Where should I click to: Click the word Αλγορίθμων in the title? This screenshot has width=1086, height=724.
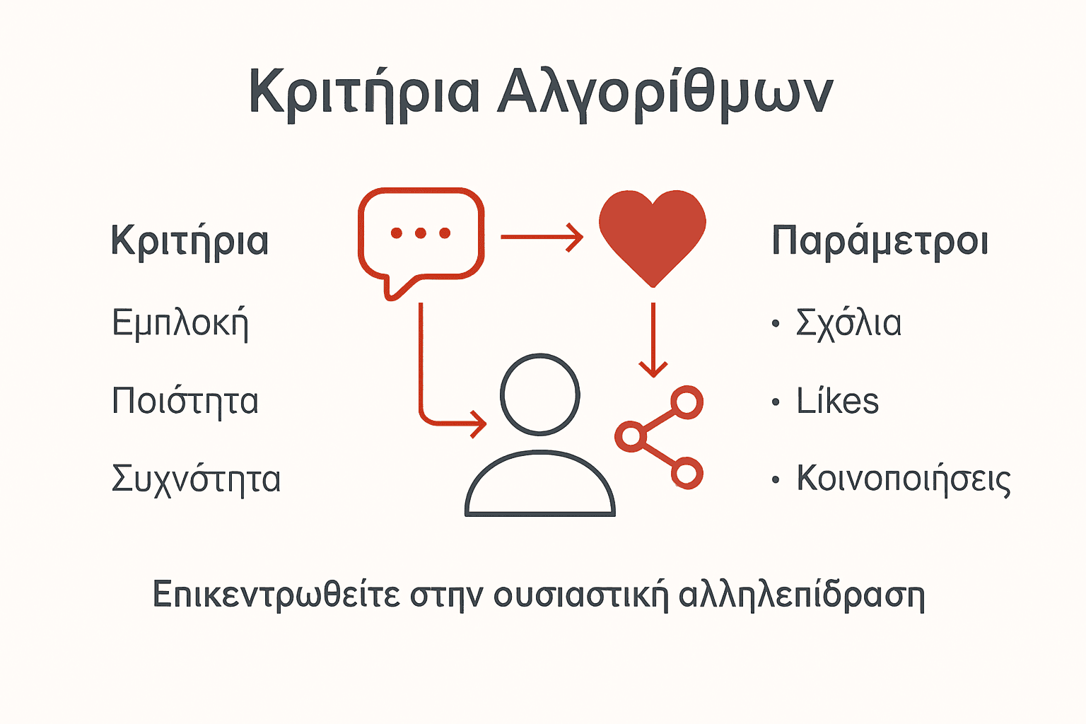click(x=665, y=92)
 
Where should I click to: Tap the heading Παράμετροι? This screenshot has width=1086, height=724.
click(x=880, y=242)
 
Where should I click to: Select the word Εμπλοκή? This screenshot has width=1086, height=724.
click(x=180, y=324)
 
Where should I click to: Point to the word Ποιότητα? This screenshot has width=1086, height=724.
click(x=185, y=401)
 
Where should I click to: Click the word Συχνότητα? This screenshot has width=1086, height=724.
click(x=197, y=479)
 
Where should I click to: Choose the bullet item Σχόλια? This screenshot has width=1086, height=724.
click(x=848, y=324)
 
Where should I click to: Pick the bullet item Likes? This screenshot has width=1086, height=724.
click(x=838, y=401)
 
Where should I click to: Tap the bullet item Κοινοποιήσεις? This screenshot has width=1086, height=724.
click(x=904, y=479)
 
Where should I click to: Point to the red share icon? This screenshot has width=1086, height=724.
click(x=660, y=438)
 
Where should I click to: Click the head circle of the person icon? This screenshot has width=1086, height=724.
click(x=540, y=394)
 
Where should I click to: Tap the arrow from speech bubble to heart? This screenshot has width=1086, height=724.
click(x=542, y=237)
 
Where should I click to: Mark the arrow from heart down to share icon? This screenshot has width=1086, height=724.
click(x=653, y=339)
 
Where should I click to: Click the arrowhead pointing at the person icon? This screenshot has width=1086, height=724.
click(x=479, y=424)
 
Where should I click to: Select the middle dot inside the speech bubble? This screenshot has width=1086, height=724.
click(x=421, y=233)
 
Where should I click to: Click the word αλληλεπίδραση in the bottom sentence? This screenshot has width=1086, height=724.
click(x=802, y=595)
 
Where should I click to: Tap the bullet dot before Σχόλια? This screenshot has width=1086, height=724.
click(x=776, y=325)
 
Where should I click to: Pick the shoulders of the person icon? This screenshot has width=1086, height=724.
click(x=540, y=484)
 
